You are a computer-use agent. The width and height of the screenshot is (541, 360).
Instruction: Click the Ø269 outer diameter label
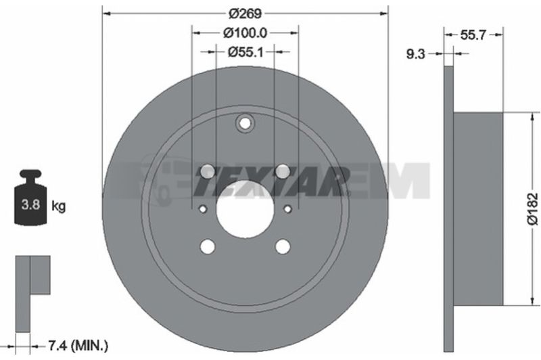pos(245,14)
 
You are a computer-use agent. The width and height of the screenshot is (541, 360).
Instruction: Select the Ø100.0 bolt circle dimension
pos(245,33)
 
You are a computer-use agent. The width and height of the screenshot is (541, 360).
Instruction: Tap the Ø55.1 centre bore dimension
pos(245,52)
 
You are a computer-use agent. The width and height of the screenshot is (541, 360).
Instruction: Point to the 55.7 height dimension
pos(473,35)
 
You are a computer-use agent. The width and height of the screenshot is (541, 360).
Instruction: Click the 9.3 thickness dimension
pos(415,54)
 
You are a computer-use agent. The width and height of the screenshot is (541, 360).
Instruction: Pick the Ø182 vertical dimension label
pos(533,209)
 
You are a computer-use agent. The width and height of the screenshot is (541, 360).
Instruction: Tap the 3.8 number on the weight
pos(30,204)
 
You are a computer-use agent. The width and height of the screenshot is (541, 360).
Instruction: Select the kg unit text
pos(58,206)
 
